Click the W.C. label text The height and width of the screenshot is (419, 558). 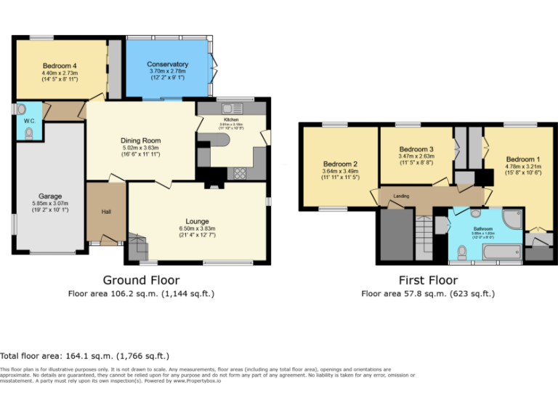coord(30,121)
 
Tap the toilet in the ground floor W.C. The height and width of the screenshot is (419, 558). coord(29,132)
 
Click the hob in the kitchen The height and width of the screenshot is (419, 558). coord(238,173)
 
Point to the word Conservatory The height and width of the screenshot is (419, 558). coord(167,65)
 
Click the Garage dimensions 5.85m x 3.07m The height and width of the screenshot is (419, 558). coord(50,204)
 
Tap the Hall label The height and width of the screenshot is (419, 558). coord(106,212)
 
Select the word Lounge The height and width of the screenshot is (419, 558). coord(197,221)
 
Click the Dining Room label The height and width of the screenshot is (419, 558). coord(140,140)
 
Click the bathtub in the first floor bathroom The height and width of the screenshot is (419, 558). coord(499,252)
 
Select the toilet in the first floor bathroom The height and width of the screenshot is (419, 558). coord(462,252)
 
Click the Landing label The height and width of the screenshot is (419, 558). coord(401,196)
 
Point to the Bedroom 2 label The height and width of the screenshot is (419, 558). coord(340,164)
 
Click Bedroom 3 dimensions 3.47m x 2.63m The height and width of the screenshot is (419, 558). coord(416,156)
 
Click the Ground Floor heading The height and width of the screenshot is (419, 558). coord(141,280)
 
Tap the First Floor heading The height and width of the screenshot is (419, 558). coord(428,280)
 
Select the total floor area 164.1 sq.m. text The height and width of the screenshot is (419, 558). coord(85,356)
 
